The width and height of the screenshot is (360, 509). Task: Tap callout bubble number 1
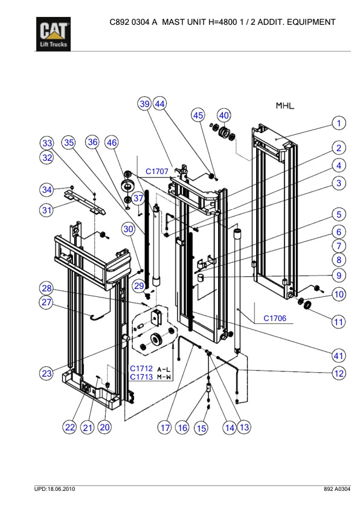(339, 123)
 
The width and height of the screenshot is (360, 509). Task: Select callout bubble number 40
(224, 115)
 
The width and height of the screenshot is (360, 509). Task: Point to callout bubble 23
(47, 373)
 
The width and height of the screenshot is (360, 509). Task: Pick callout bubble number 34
(47, 190)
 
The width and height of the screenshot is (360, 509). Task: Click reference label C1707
(157, 171)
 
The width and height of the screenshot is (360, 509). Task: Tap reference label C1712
(141, 368)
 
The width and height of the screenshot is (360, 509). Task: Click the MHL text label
(284, 106)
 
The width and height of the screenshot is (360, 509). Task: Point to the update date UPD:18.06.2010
(54, 488)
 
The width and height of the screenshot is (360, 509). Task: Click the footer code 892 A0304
(336, 488)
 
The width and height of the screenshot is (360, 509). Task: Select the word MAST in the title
(176, 22)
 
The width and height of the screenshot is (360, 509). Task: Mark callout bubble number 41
(339, 355)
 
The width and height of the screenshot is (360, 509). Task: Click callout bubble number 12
(339, 373)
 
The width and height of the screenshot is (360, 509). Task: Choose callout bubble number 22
(70, 427)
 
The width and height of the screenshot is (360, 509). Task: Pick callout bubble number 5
(339, 215)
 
